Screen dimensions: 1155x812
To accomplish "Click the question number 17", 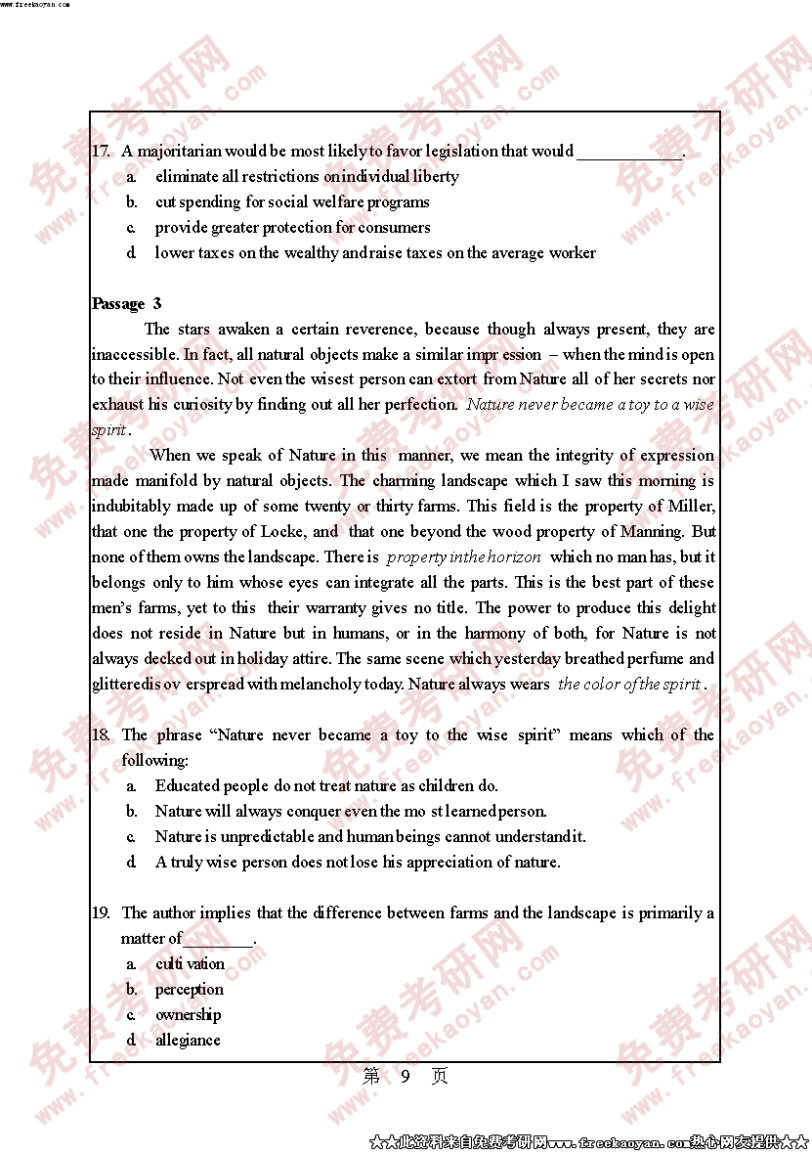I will (x=101, y=152).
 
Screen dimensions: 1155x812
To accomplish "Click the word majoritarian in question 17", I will (x=180, y=152).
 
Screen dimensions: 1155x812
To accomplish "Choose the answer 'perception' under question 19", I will (x=190, y=990).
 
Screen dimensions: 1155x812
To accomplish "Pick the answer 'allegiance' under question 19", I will (x=188, y=1041).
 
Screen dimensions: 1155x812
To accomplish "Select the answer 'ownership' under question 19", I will (x=188, y=1015).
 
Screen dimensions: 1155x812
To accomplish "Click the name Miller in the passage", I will (x=692, y=507).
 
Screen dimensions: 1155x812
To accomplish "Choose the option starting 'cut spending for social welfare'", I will (x=292, y=202).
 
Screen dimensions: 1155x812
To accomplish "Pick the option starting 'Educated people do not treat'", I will (x=326, y=786).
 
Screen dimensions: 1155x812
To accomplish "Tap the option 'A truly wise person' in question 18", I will (x=358, y=863).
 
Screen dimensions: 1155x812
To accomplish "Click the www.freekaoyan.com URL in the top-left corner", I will (x=35, y=5).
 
